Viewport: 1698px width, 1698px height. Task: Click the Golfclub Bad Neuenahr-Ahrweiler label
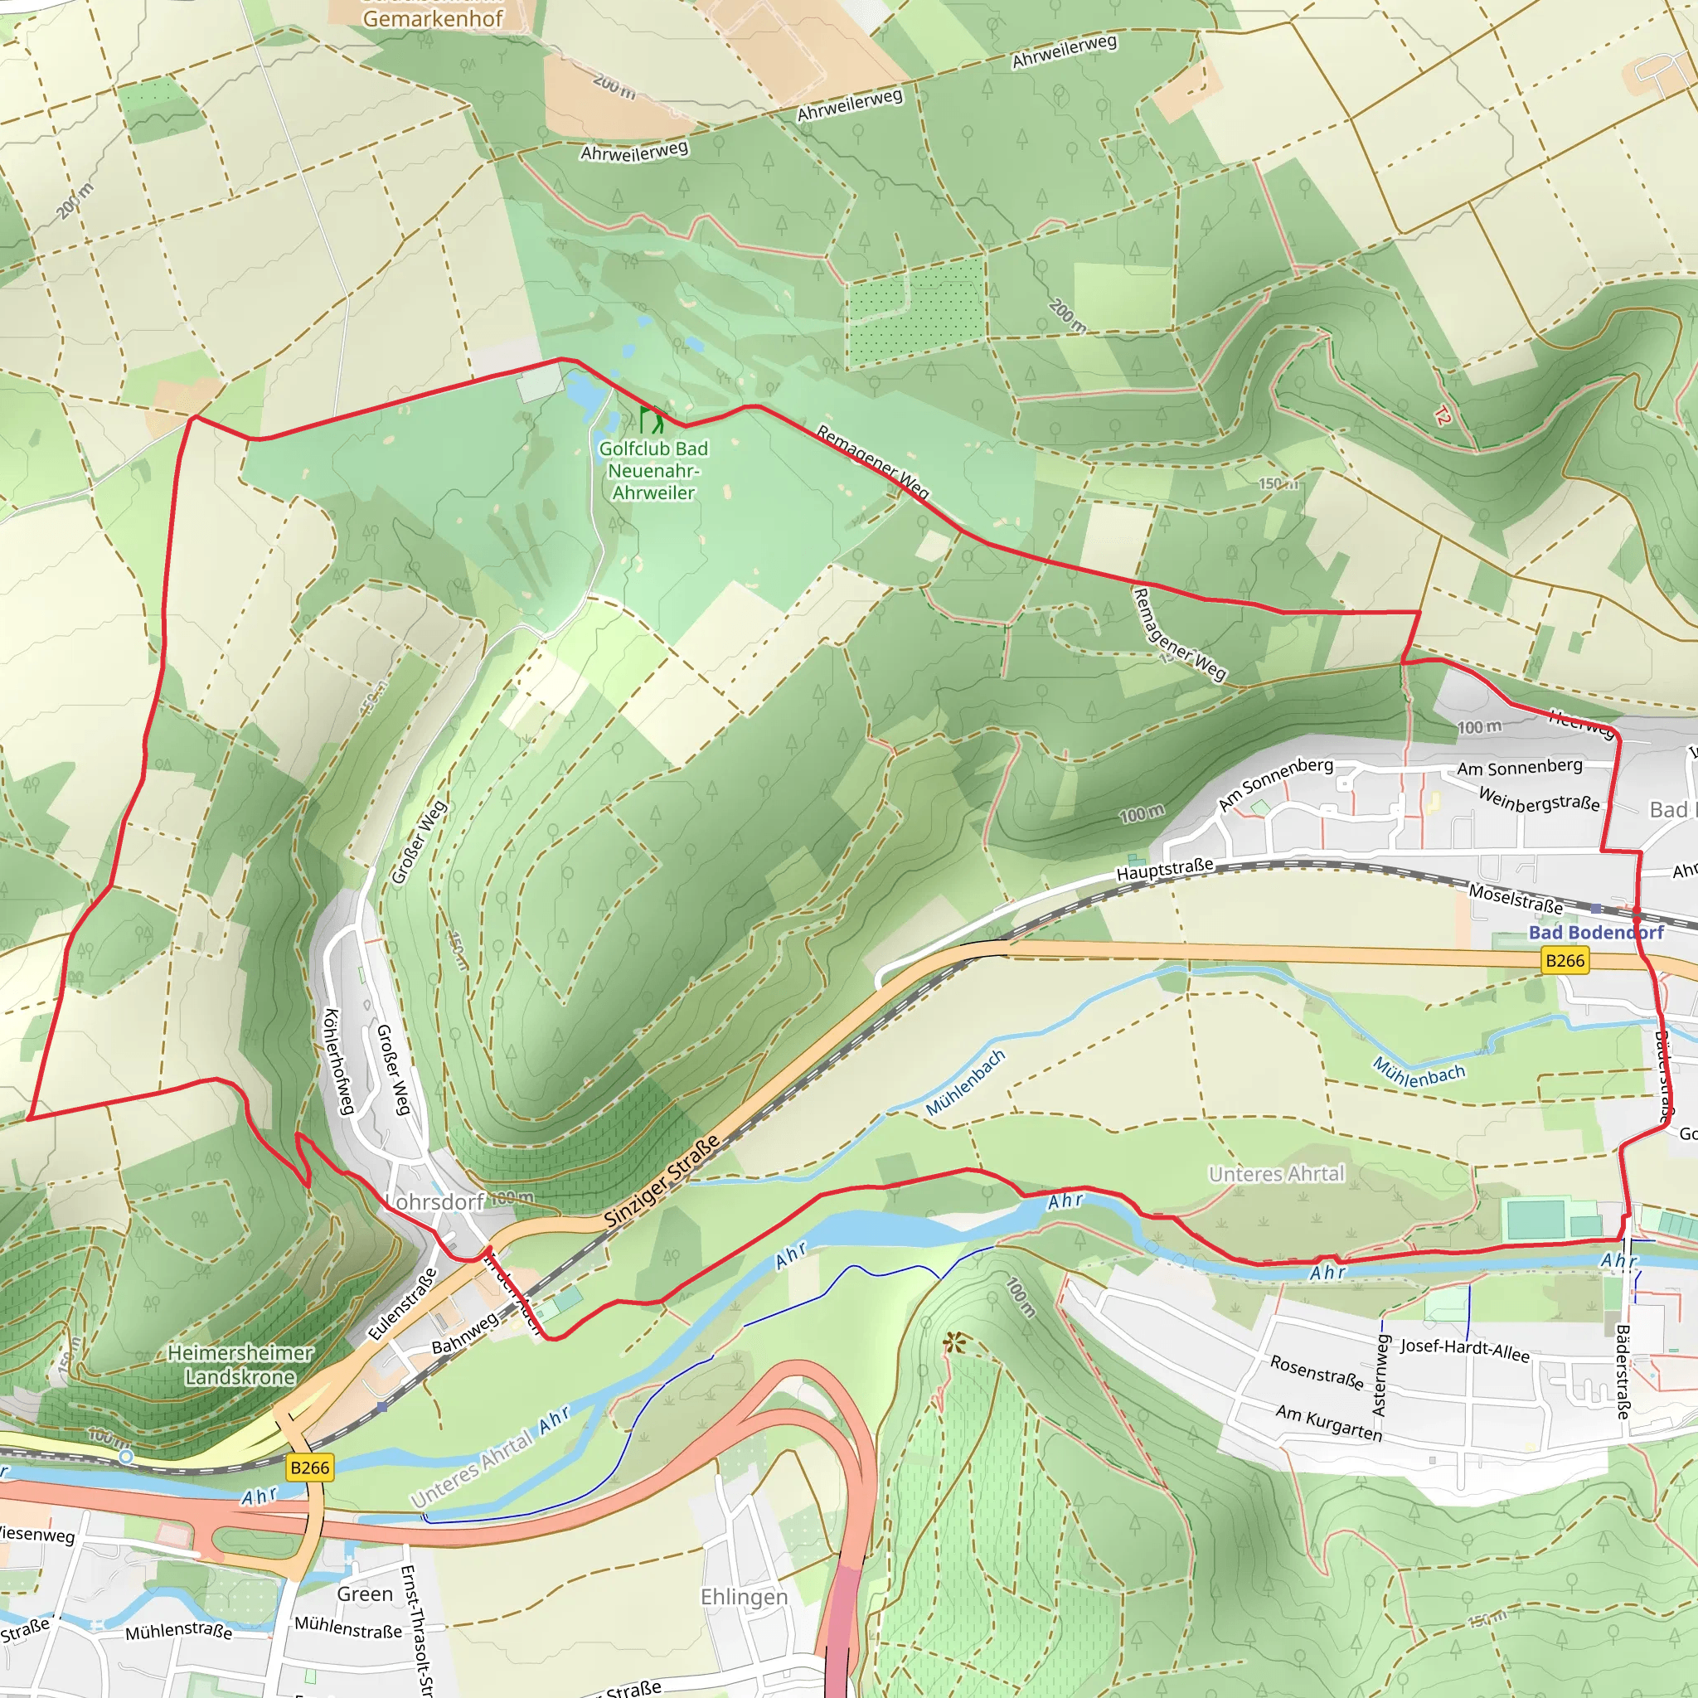click(x=653, y=470)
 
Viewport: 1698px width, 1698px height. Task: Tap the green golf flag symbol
click(x=651, y=420)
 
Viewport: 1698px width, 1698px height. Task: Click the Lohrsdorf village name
click(x=436, y=1201)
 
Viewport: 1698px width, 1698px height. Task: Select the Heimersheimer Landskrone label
click(x=240, y=1365)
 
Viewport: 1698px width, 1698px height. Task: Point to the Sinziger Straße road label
click(x=662, y=1181)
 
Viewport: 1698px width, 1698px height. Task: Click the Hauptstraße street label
click(x=1165, y=870)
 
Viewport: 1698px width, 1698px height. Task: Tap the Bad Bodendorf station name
click(x=1595, y=933)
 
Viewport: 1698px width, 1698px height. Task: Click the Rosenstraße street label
click(x=1316, y=1372)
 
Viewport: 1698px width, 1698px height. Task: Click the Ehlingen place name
click(x=744, y=1596)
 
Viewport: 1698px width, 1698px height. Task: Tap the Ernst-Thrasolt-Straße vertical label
click(x=415, y=1630)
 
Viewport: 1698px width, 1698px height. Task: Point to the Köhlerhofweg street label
click(x=338, y=1062)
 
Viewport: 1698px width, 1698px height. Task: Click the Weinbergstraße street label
click(x=1538, y=799)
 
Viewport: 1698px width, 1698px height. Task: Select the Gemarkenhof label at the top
click(x=433, y=17)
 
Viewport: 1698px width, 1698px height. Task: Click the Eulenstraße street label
click(x=401, y=1304)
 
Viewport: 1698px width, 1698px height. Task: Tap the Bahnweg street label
click(x=464, y=1334)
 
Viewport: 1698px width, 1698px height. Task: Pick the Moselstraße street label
click(x=1516, y=898)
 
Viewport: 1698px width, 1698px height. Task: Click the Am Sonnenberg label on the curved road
click(x=1274, y=784)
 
